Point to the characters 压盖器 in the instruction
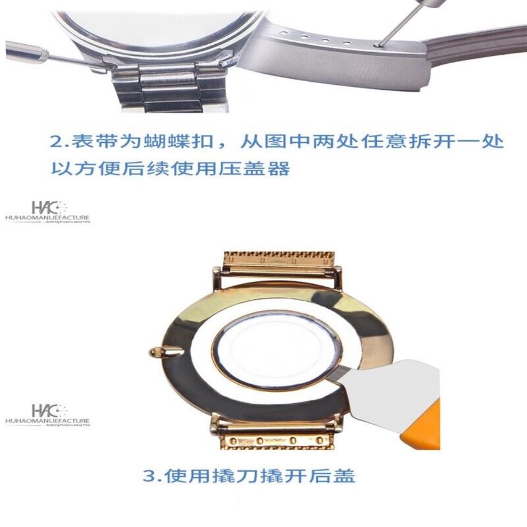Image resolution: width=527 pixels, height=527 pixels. point(267,169)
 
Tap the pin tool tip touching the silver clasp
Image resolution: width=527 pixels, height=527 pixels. point(377,45)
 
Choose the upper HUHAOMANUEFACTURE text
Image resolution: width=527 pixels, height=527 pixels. point(47,217)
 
